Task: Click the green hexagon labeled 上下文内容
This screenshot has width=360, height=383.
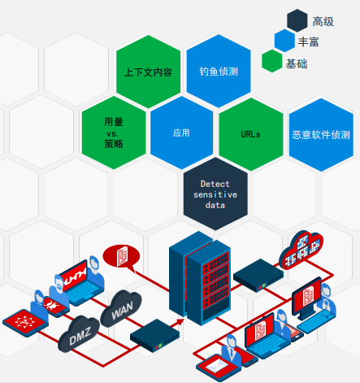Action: [148, 72]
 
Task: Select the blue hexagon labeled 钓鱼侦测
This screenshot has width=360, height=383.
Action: [219, 71]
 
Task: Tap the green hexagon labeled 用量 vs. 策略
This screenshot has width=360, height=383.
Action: [114, 133]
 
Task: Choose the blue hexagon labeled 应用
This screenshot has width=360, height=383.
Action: [181, 133]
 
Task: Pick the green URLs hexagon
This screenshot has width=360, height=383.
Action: [251, 134]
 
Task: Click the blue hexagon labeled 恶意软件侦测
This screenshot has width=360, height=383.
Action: [321, 135]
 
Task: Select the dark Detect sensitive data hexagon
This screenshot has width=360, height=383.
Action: [215, 194]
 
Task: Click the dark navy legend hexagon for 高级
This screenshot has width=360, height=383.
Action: [297, 20]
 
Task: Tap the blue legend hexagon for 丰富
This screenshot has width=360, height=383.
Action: [284, 41]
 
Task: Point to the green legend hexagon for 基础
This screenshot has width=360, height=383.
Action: [272, 61]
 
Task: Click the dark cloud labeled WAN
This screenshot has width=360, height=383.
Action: [121, 308]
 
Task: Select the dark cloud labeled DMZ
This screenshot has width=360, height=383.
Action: [79, 334]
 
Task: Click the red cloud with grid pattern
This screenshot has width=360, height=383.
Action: [301, 250]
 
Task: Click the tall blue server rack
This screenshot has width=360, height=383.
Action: [200, 278]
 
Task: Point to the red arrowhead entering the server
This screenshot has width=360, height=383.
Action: [180, 322]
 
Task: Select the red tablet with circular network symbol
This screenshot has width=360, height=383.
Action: [25, 322]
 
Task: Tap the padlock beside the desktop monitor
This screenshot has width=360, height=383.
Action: [326, 302]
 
